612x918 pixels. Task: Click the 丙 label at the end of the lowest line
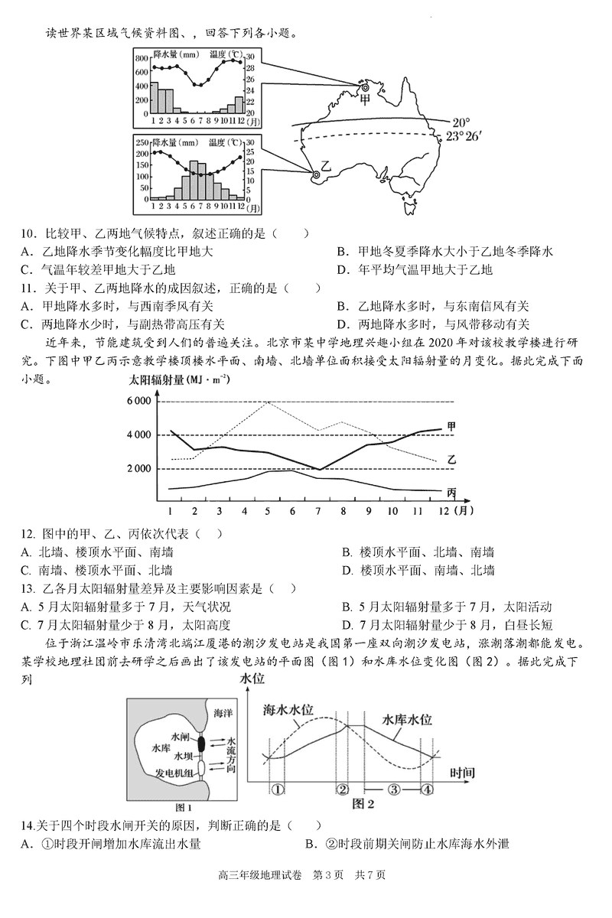[451, 491]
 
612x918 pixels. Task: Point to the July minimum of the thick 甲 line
[320, 469]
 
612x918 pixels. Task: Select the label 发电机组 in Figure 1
[174, 772]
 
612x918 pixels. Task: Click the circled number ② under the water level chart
[343, 789]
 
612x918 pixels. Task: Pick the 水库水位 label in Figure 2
[408, 720]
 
